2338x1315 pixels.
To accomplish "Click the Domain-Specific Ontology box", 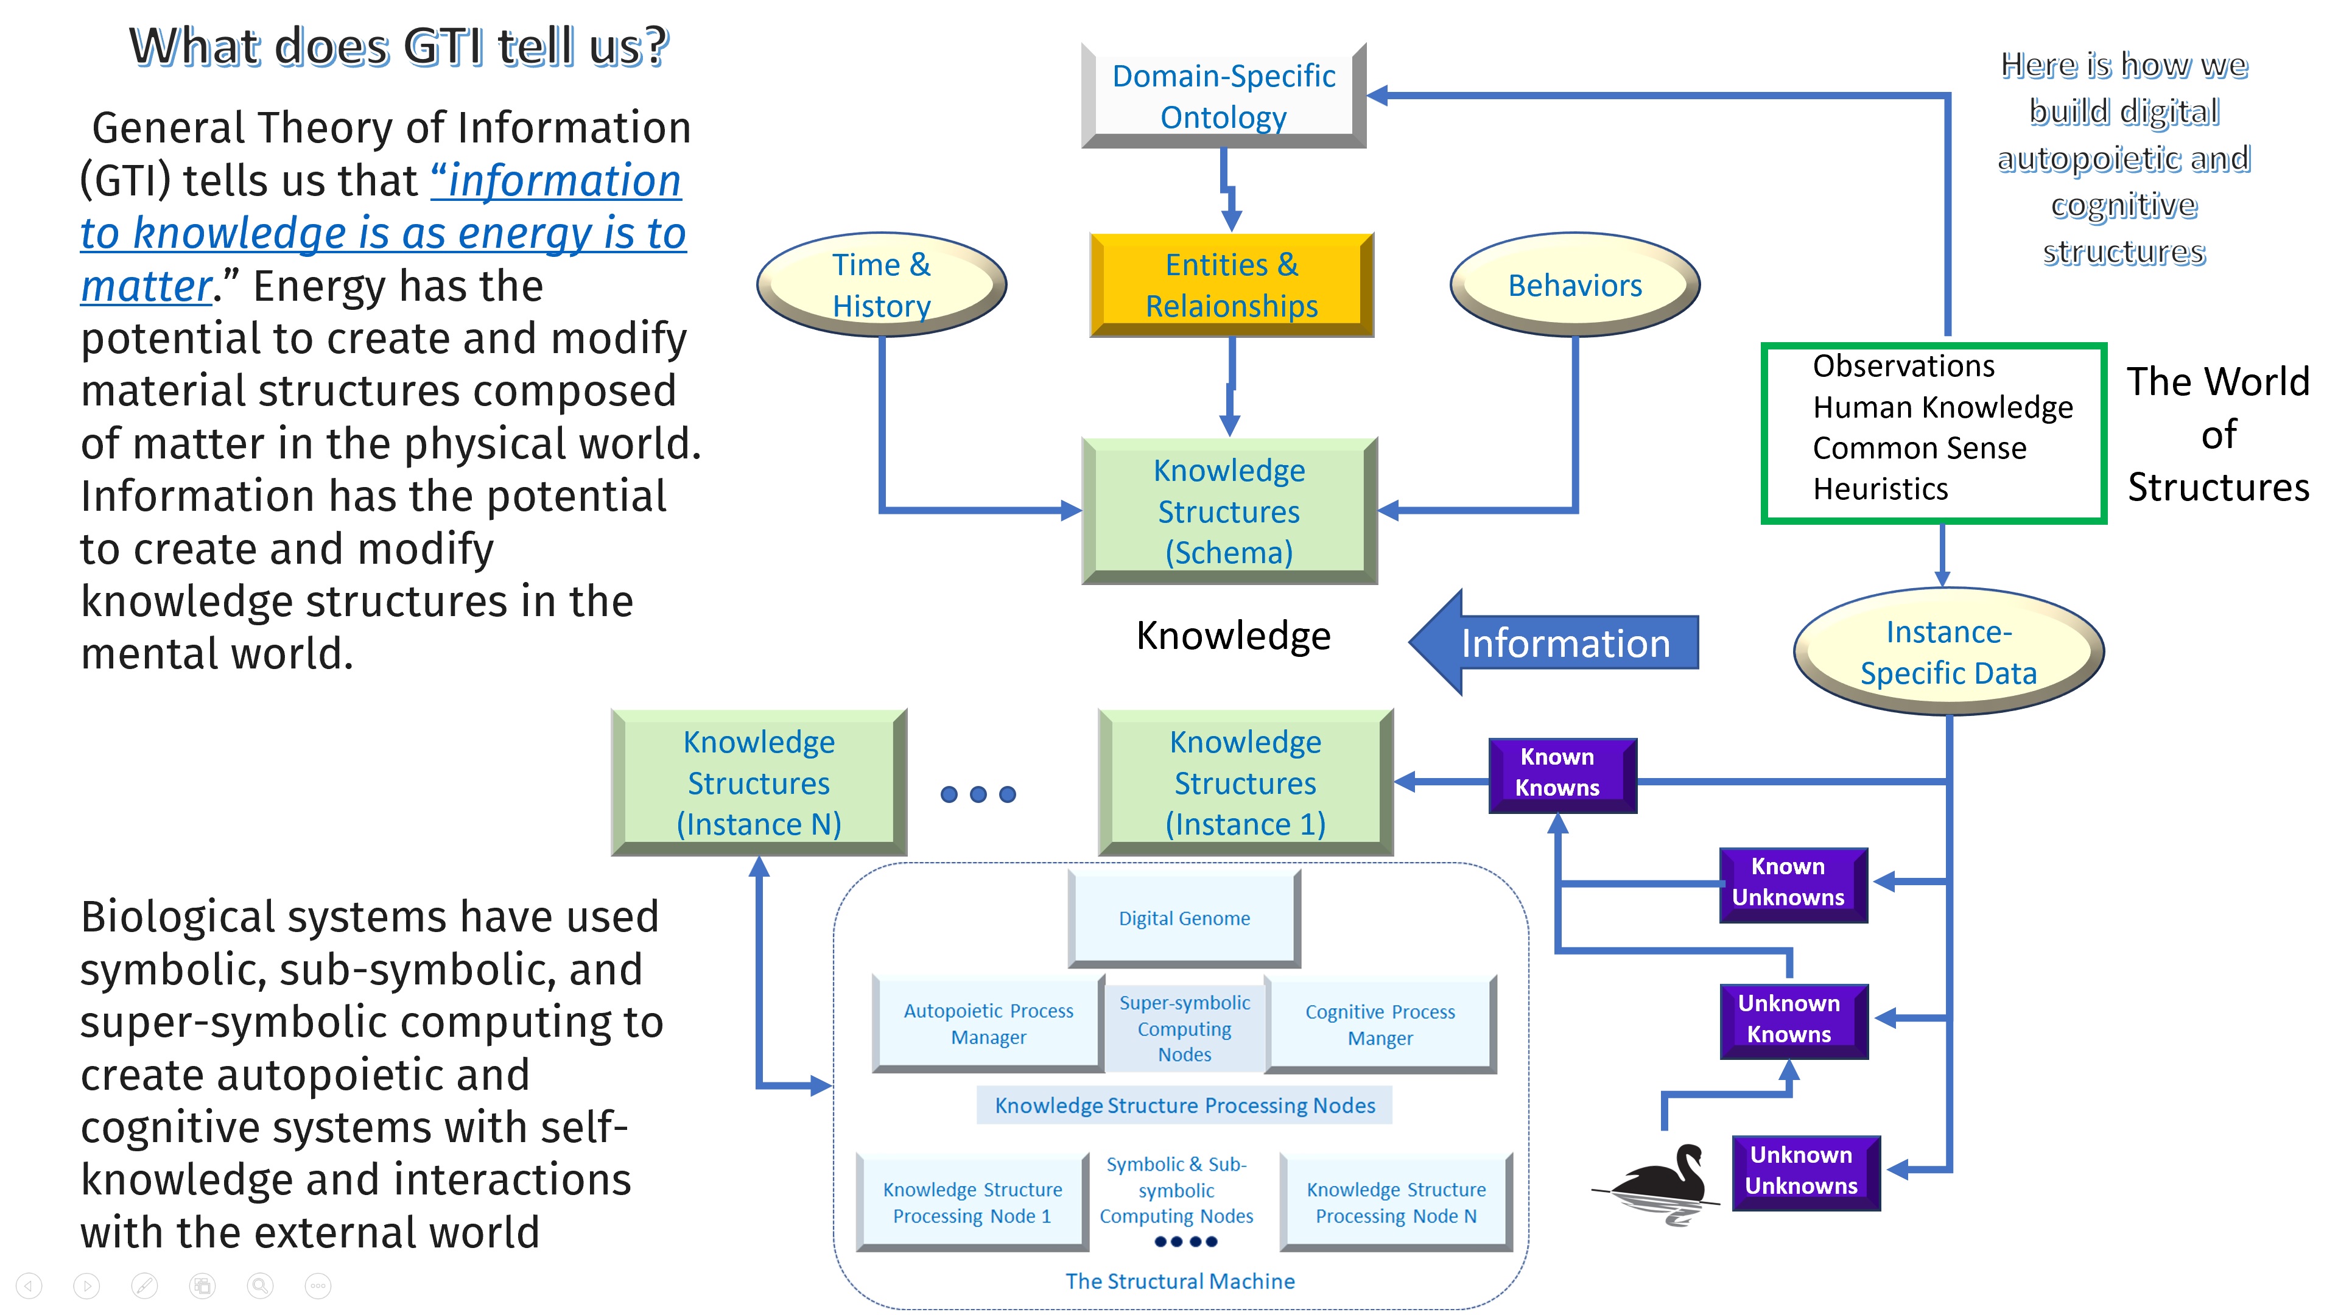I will (1223, 96).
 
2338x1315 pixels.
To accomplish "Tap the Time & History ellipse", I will (880, 285).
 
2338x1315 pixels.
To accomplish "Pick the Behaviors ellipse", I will (1574, 285).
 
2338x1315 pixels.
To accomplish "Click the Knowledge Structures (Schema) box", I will (1229, 511).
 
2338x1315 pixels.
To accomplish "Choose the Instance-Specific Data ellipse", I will (1948, 651).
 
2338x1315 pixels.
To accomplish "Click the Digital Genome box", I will (1184, 919).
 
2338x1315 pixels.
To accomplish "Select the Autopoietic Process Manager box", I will (988, 1023).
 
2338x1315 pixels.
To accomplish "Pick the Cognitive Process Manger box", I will (1380, 1025).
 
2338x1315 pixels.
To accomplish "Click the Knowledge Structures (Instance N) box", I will (759, 782).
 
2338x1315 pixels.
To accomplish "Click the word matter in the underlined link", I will (146, 287).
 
